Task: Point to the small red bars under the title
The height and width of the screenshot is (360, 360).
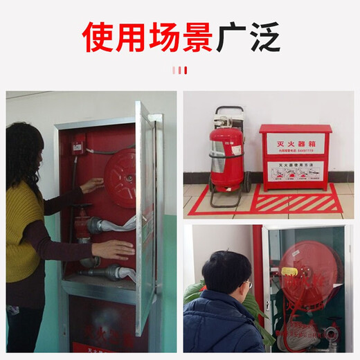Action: pos(179,70)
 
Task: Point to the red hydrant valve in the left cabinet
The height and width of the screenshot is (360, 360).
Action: pos(84,226)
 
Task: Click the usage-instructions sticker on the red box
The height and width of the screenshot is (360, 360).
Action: pos(296,172)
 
